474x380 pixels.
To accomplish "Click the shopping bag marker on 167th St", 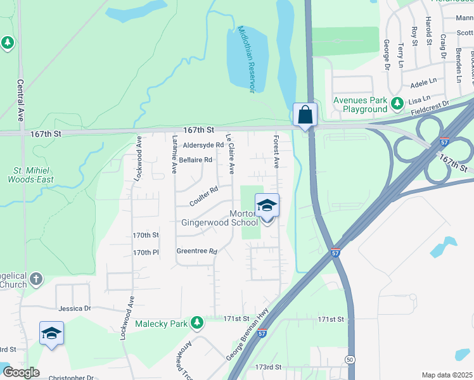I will pos(305,115).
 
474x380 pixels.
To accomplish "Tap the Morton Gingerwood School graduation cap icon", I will pos(267,205).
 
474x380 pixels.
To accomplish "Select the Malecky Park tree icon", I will pos(197,323).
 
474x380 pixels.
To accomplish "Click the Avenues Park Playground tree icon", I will pos(397,103).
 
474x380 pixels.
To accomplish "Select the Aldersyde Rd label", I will pos(203,145).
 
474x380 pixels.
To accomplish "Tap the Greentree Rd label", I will pos(196,251).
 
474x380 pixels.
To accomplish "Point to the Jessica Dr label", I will pos(75,309).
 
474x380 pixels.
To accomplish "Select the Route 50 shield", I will pos(349,360).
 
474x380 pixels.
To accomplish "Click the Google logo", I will pos(21,372).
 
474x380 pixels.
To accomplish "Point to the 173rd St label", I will pos(268,367).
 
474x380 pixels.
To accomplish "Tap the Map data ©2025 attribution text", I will pos(447,375).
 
